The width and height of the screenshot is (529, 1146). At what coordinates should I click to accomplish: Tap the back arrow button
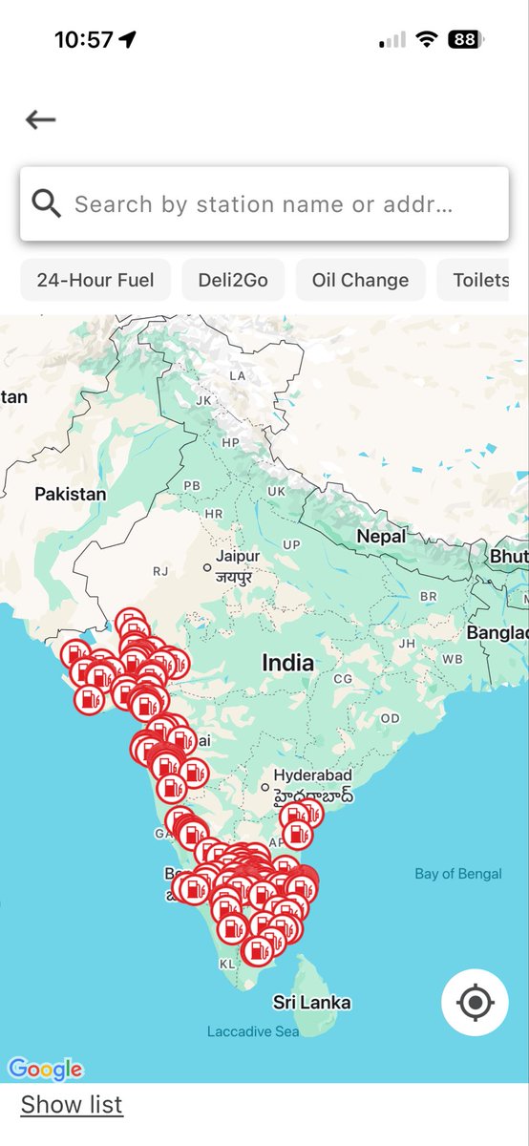pyautogui.click(x=41, y=119)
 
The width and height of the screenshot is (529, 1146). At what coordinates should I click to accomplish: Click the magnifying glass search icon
pyautogui.click(x=46, y=203)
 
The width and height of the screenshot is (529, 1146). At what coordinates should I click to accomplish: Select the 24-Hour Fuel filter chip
pyautogui.click(x=95, y=280)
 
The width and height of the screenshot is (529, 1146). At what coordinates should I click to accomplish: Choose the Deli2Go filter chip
pyautogui.click(x=233, y=280)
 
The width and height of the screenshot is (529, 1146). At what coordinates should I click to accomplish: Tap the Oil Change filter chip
pyautogui.click(x=360, y=280)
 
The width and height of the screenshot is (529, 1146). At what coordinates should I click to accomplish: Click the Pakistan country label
pyautogui.click(x=70, y=494)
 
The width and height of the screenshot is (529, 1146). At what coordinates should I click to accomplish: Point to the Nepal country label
pyautogui.click(x=381, y=537)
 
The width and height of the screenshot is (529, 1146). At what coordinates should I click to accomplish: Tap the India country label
pyautogui.click(x=287, y=662)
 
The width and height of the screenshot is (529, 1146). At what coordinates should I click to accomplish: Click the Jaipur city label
pyautogui.click(x=238, y=556)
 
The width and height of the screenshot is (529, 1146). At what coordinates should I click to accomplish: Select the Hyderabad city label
pyautogui.click(x=312, y=775)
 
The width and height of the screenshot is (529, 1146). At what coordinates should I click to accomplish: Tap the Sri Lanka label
pyautogui.click(x=311, y=1003)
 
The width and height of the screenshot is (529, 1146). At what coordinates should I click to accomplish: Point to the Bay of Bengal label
pyautogui.click(x=458, y=874)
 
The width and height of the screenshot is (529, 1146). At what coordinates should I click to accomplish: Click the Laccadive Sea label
pyautogui.click(x=253, y=1031)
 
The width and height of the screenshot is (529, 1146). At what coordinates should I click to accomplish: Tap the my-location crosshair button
pyautogui.click(x=475, y=1003)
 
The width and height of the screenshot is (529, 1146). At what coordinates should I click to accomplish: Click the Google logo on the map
pyautogui.click(x=45, y=1069)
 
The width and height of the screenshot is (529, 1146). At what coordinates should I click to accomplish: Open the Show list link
pyautogui.click(x=72, y=1105)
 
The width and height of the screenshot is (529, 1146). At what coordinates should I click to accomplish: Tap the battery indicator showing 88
pyautogui.click(x=465, y=40)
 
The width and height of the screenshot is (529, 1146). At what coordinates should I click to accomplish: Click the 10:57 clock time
pyautogui.click(x=83, y=40)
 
